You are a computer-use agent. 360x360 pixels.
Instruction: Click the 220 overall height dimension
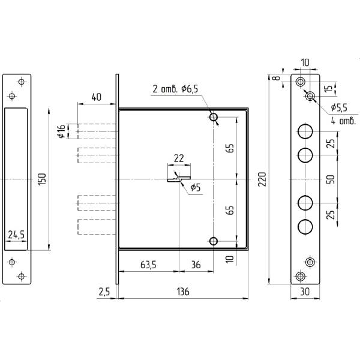pyautogui.click(x=262, y=179)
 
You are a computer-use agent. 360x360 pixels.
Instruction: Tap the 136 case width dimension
pyautogui.click(x=183, y=292)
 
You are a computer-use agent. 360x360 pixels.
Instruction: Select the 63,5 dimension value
pyautogui.click(x=148, y=265)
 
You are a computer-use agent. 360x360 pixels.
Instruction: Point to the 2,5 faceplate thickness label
pyautogui.click(x=104, y=292)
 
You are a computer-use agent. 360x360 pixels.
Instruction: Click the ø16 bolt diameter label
pyautogui.click(x=62, y=131)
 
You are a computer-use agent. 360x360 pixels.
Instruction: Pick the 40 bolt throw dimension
pyautogui.click(x=96, y=97)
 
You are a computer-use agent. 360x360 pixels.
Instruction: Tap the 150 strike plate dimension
pyautogui.click(x=42, y=179)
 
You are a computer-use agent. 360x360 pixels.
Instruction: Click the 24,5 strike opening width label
pyautogui.click(x=16, y=235)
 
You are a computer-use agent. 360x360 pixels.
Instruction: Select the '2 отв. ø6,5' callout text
pyautogui.click(x=175, y=89)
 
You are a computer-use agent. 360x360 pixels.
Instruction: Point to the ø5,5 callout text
pyautogui.click(x=339, y=107)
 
